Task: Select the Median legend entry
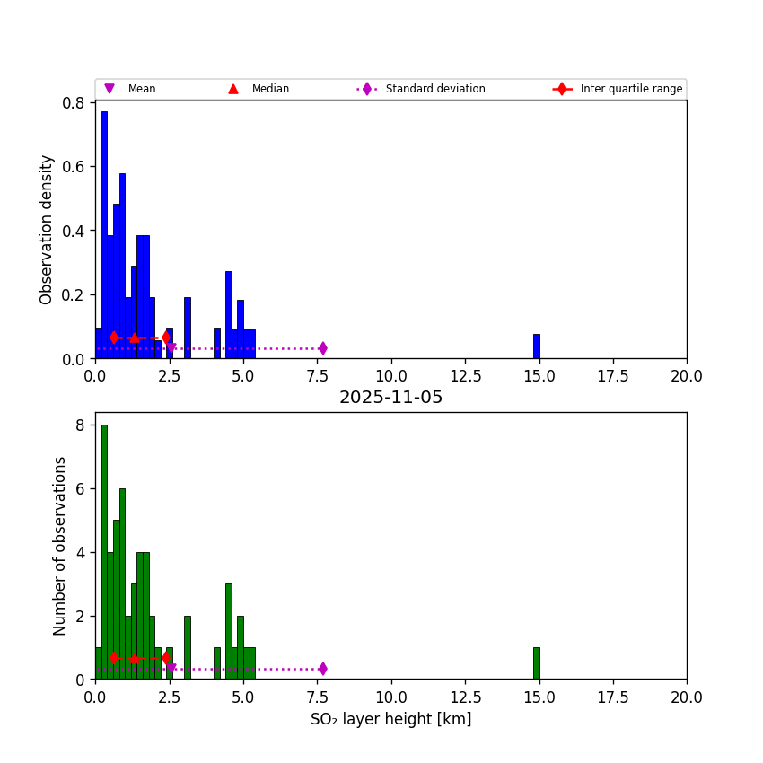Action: coord(259,89)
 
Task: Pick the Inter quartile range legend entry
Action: coord(620,89)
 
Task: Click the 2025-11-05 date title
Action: coord(390,398)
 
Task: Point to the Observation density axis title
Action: coord(47,230)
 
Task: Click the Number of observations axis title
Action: coord(60,546)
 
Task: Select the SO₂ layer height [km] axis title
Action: coord(390,719)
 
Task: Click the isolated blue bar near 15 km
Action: coord(537,346)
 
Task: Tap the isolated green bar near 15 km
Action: coord(537,663)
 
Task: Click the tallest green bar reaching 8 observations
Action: coord(104,552)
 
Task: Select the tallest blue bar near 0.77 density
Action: coord(104,235)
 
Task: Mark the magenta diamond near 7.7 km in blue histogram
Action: coord(322,348)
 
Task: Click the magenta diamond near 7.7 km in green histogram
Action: coord(322,669)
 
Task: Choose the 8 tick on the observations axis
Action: coord(79,425)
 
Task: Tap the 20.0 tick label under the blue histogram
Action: coord(687,376)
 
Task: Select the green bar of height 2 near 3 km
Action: coord(188,647)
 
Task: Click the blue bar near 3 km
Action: coord(188,328)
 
